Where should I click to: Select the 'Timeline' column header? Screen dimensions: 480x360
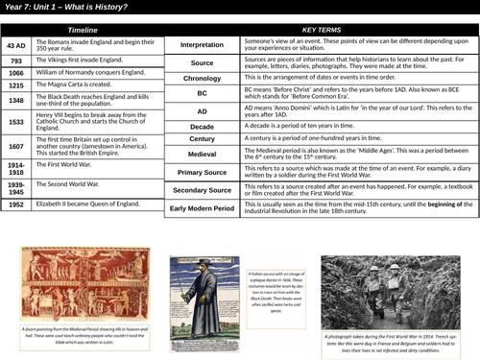point(83,31)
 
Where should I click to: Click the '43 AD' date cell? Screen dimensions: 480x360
point(16,44)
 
